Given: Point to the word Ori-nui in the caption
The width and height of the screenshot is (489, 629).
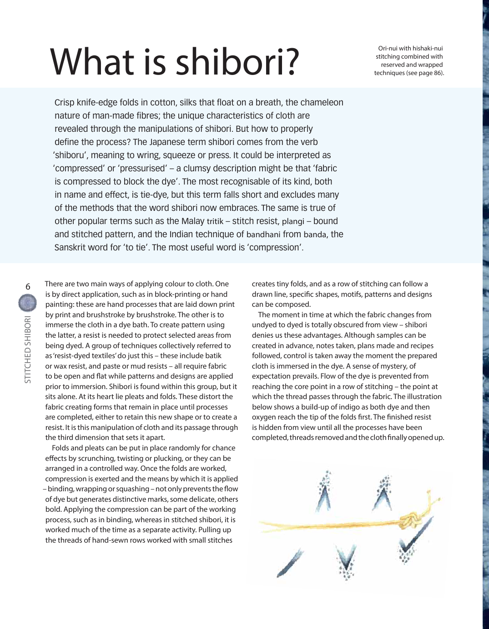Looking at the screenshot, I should pos(388,48).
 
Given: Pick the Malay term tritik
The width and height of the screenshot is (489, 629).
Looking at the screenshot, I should pos(215,221).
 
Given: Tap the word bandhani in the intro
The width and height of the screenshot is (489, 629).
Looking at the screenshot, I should pos(263,235).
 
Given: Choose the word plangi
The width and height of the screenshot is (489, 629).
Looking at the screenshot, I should pos(293,221).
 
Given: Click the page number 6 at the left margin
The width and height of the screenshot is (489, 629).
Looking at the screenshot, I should pos(28,286).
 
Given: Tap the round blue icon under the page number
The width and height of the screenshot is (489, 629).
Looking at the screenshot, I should pos(28,303).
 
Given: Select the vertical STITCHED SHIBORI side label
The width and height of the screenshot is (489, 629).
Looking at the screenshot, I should pos(28,349).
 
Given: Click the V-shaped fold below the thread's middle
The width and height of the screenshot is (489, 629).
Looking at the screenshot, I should pos(346,560).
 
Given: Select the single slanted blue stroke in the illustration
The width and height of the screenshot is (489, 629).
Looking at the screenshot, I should pos(289,563).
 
